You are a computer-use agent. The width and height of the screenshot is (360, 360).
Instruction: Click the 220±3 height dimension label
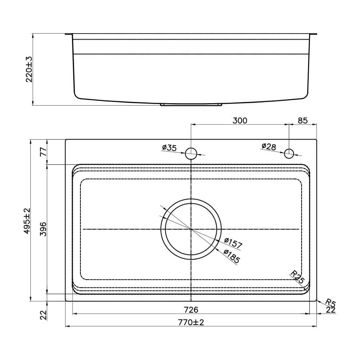coord(29,69)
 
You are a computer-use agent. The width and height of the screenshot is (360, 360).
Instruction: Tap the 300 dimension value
coord(240,120)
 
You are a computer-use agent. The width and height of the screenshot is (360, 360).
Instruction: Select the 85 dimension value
coord(302,120)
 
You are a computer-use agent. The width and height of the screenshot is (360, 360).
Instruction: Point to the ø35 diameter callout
coord(170,147)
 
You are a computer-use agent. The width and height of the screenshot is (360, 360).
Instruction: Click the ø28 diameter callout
coord(269,146)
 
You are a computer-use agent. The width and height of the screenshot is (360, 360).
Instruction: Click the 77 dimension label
coord(43,152)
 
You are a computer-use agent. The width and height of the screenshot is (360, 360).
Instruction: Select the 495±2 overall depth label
coord(27,221)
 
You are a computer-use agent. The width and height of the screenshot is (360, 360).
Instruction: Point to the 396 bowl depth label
coord(43,229)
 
